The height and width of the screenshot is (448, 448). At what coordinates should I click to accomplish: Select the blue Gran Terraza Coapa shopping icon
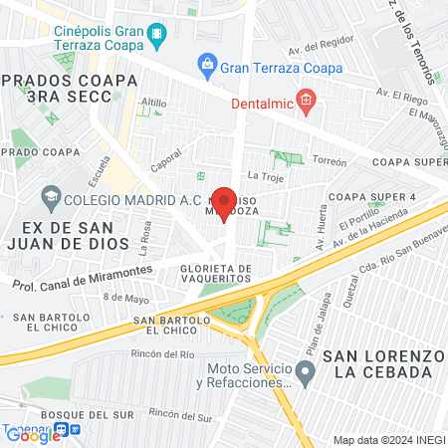(206, 69)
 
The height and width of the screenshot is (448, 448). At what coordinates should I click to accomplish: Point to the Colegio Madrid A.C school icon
(50, 197)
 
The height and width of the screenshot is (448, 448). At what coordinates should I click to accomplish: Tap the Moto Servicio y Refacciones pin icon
(306, 373)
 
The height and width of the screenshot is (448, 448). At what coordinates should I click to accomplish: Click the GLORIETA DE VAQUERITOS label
(216, 274)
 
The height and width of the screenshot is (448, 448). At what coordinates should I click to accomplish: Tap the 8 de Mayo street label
(124, 298)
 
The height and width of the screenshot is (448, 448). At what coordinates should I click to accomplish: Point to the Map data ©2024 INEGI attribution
(388, 440)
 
